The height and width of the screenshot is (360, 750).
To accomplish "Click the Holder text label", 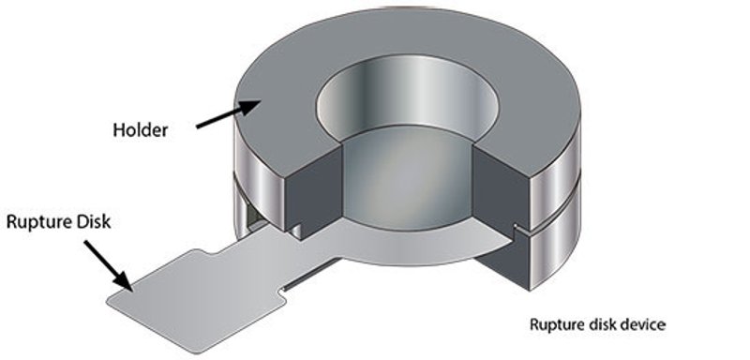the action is coord(140,129).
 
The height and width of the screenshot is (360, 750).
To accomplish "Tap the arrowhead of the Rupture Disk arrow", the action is coord(123,280).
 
